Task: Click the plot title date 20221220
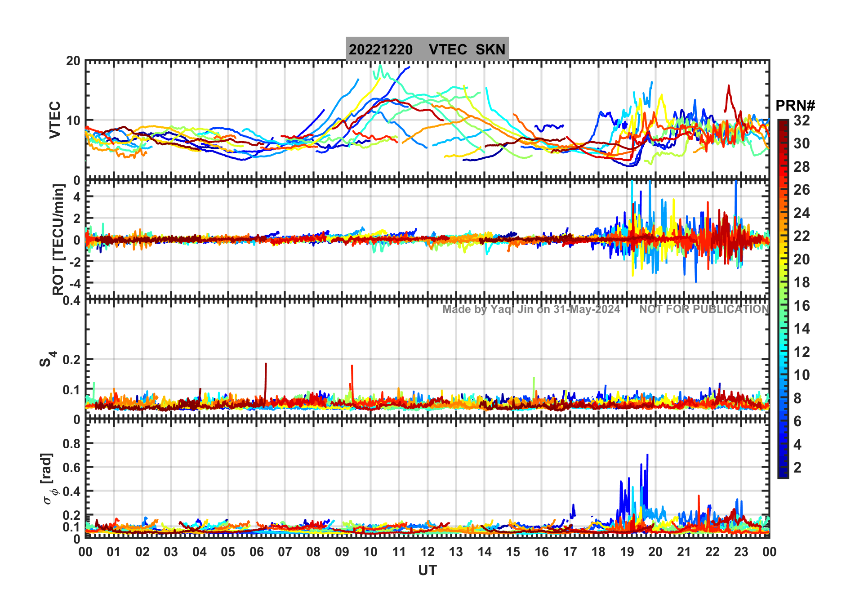[x=380, y=49]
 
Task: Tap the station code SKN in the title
[x=490, y=49]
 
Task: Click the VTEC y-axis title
[x=55, y=120]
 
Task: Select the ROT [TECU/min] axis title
[x=58, y=239]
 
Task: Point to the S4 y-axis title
[x=47, y=359]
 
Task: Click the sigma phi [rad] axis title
[x=49, y=479]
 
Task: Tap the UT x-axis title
[x=427, y=570]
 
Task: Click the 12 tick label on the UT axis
[x=427, y=552]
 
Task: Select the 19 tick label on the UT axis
[x=627, y=552]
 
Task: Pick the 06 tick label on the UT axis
[x=256, y=552]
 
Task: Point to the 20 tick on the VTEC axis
[x=73, y=61]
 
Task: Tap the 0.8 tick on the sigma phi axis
[x=71, y=443]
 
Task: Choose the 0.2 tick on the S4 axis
[x=71, y=360]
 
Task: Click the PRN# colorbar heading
[x=795, y=106]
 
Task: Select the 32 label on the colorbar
[x=801, y=120]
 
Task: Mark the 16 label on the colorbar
[x=801, y=306]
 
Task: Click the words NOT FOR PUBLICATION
[x=704, y=309]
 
